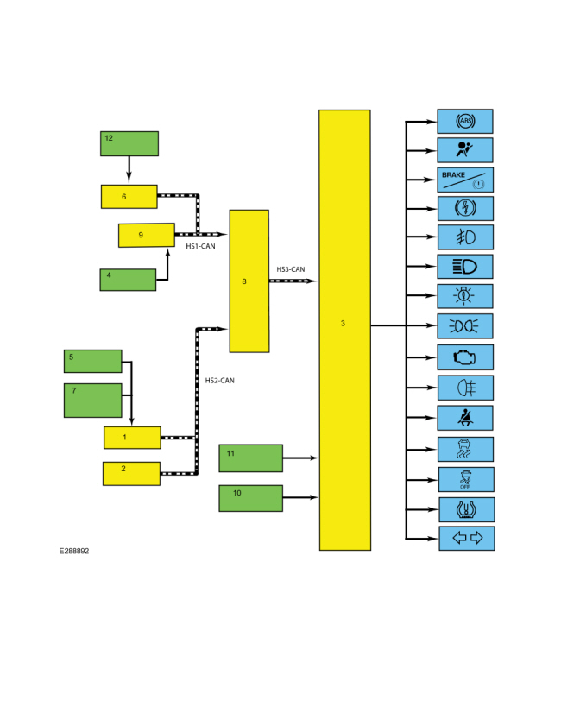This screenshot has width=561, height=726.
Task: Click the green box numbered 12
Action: click(129, 143)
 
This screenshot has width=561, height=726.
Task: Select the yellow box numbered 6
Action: click(129, 197)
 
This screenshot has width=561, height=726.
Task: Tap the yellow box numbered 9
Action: click(146, 235)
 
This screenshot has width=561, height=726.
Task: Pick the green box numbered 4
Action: click(128, 280)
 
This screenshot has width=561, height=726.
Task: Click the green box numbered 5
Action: click(92, 361)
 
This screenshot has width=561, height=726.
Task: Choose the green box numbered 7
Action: click(92, 401)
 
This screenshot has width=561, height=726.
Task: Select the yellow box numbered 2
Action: click(131, 474)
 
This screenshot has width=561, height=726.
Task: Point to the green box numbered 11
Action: click(250, 458)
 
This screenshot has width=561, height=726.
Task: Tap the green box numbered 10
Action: click(250, 498)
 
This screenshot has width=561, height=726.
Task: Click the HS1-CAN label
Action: click(200, 246)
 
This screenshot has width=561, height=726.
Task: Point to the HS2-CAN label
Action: click(220, 381)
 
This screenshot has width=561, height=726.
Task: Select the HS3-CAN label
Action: click(291, 269)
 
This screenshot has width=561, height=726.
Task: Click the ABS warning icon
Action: click(465, 122)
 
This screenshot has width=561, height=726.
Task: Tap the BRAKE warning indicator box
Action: click(465, 180)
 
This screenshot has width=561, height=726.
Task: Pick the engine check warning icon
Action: click(464, 357)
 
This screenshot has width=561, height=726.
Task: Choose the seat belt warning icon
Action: click(465, 418)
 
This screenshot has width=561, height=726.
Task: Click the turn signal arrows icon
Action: click(467, 538)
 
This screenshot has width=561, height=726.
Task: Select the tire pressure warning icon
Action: click(467, 509)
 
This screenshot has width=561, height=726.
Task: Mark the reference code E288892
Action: click(74, 551)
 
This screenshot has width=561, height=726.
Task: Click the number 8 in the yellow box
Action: click(244, 281)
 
